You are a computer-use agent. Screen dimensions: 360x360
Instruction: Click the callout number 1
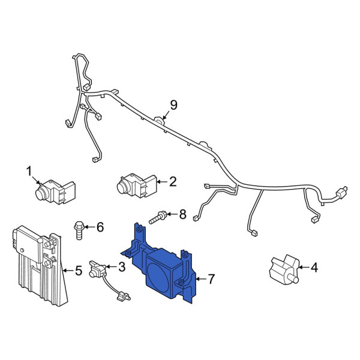click(x=29, y=172)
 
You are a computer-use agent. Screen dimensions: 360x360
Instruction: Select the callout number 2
click(x=172, y=181)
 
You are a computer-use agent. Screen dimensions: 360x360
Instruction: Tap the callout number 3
click(x=121, y=267)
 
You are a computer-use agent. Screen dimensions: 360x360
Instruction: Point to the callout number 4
click(x=314, y=268)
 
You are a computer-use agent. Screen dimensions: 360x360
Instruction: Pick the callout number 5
click(x=79, y=271)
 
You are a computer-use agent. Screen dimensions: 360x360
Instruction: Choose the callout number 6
click(x=100, y=227)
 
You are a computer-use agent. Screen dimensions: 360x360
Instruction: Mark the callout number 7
click(x=211, y=279)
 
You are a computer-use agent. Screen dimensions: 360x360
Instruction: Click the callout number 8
click(x=182, y=214)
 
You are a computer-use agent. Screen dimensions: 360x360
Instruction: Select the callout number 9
click(x=173, y=105)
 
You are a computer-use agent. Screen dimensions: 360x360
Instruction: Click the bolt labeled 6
click(x=79, y=230)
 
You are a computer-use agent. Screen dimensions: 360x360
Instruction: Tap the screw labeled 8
click(x=158, y=217)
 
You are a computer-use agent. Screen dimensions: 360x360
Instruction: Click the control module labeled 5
click(x=40, y=265)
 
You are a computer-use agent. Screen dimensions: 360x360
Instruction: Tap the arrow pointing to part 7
click(x=200, y=279)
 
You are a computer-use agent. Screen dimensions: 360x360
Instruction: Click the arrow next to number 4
click(x=304, y=267)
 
